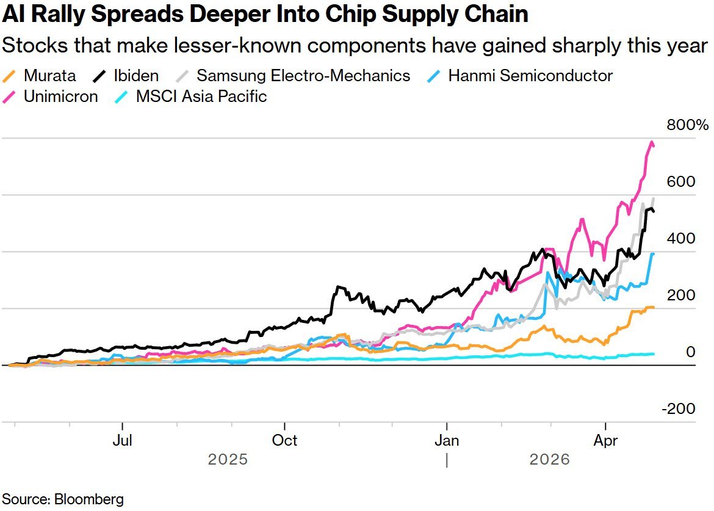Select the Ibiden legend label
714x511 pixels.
pos(135,76)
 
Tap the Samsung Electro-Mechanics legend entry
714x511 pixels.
pos(303,76)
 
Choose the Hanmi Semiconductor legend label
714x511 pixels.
pos(530,76)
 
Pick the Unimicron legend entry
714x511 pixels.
pos(60,96)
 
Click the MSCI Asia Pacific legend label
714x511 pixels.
pos(201,96)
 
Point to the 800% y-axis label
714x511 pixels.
pos(687,126)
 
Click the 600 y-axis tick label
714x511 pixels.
pos(682,182)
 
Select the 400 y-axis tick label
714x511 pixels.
pos(682,239)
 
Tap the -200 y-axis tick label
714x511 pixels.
pos(679,408)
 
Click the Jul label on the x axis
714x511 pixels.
pos(123,440)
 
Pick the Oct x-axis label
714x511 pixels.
pos(285,440)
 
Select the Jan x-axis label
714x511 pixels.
pos(447,440)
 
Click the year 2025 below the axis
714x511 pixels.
pos(228,459)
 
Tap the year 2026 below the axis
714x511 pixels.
pos(549,459)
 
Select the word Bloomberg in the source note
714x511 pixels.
pos(89,499)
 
